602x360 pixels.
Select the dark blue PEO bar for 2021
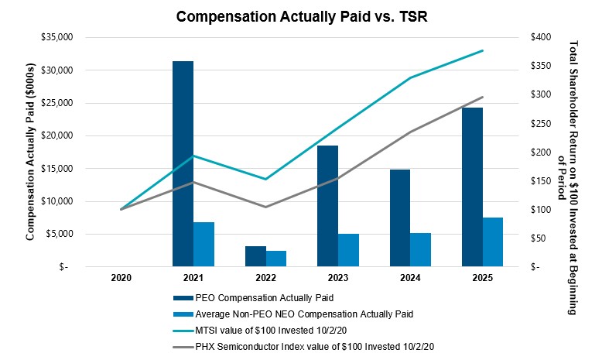click(183, 163)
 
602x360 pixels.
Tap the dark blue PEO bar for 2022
click(255, 256)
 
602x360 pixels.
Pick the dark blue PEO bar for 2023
click(327, 206)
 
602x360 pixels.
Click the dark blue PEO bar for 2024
click(400, 218)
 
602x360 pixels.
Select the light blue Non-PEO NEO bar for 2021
click(204, 244)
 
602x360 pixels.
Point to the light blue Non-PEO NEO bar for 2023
click(348, 249)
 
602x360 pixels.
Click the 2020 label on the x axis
click(121, 278)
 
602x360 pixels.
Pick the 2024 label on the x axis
click(410, 278)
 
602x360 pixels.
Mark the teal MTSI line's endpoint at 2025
click(483, 50)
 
